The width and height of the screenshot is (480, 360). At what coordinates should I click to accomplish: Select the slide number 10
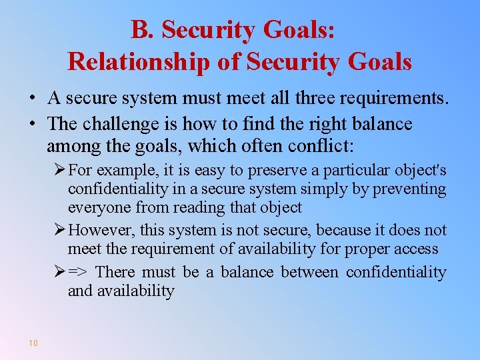[33, 343]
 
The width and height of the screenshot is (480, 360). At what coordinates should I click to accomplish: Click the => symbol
[79, 272]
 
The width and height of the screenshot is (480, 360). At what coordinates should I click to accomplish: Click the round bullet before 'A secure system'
[32, 99]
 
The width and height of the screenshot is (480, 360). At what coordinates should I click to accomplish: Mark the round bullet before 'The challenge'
[32, 125]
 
